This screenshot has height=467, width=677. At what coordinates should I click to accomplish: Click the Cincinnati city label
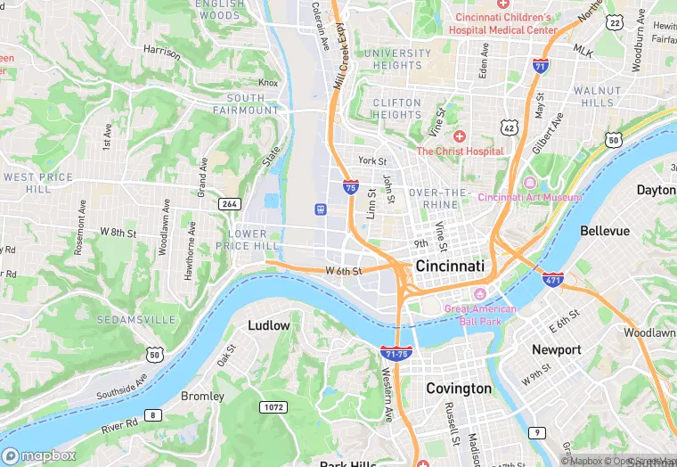point(450,266)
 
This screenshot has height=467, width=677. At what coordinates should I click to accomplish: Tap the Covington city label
point(459,389)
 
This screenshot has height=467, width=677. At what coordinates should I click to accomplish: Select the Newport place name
point(557,349)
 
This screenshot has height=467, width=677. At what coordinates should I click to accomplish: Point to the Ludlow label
point(269,325)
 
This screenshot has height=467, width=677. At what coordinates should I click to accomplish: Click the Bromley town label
point(202,396)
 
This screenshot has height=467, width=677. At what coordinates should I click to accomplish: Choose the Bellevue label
point(605,231)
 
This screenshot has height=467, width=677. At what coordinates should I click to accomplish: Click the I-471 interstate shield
point(553,279)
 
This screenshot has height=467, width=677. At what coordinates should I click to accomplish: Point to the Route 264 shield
point(229,204)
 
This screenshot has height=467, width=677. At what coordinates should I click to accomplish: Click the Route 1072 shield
point(273,407)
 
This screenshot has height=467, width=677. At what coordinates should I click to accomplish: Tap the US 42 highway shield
point(510,127)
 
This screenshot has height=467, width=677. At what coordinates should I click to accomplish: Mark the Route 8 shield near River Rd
point(154,415)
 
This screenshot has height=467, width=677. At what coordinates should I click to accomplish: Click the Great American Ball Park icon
point(481,294)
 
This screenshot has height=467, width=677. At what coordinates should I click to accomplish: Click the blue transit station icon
point(320,209)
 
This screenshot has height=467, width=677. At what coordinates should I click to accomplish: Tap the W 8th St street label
point(118,233)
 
